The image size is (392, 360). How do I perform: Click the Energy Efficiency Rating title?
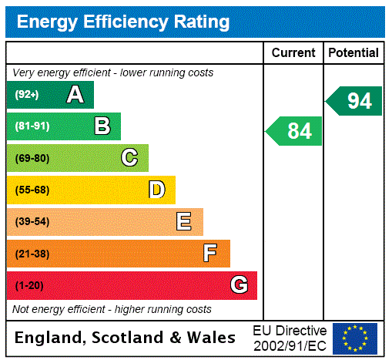(x=123, y=22)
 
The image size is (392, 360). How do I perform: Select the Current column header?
(x=293, y=53)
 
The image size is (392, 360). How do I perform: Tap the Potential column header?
(x=353, y=53)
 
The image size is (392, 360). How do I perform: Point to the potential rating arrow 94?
(x=354, y=101)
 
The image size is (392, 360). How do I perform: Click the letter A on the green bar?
(x=75, y=95)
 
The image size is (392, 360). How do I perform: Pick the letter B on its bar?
(x=102, y=126)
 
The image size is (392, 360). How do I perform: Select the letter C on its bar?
(x=129, y=158)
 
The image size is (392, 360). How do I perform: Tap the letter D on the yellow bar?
(x=156, y=190)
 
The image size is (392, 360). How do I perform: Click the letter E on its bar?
(x=184, y=222)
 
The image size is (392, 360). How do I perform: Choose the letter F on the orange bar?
(x=210, y=254)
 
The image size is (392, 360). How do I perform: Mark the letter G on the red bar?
(x=239, y=286)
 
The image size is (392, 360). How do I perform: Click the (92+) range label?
(x=26, y=95)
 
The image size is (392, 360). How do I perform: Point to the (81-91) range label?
(x=32, y=126)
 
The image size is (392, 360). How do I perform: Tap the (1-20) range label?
(x=29, y=286)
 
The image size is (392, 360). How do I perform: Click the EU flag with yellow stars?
(x=355, y=338)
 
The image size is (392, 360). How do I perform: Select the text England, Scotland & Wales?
(x=126, y=338)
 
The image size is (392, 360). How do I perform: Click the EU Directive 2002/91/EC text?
(x=290, y=338)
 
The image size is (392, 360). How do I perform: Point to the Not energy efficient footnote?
(x=112, y=309)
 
